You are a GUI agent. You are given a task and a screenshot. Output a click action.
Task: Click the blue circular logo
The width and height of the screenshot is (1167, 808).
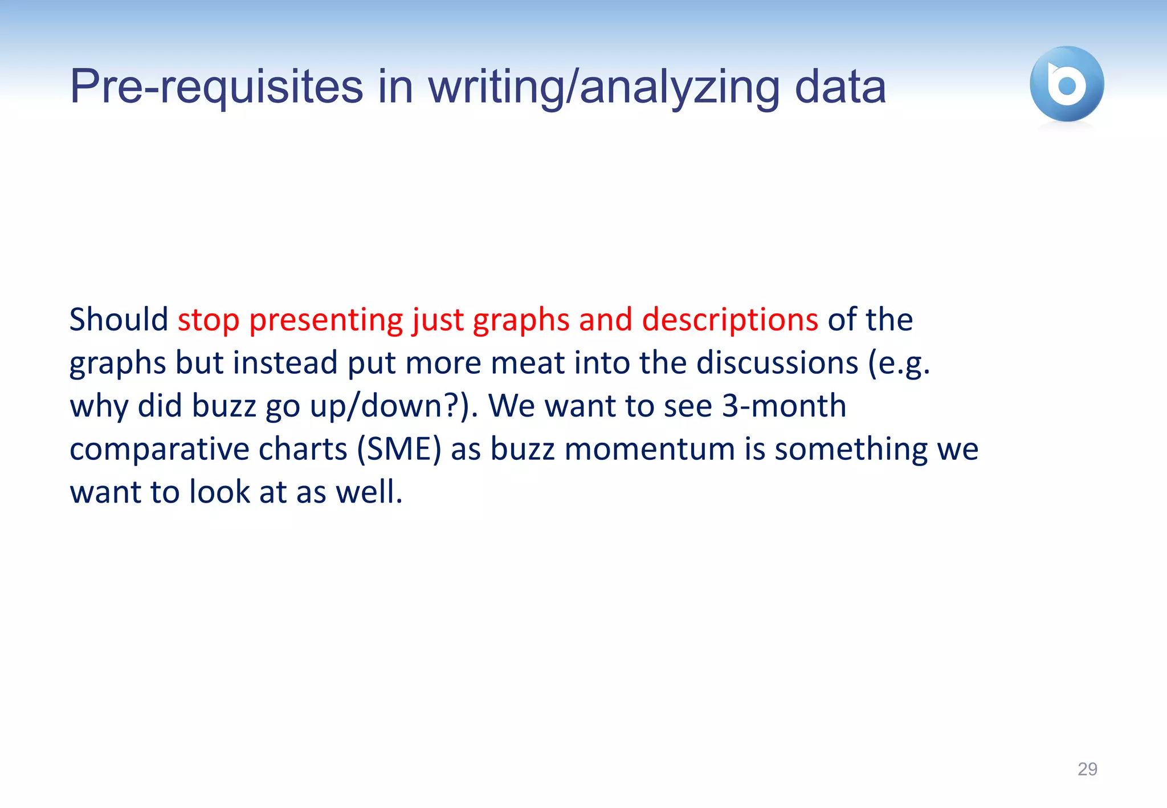pyautogui.click(x=1067, y=84)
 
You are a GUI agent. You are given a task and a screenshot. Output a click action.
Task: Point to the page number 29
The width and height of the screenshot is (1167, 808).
pyautogui.click(x=1087, y=769)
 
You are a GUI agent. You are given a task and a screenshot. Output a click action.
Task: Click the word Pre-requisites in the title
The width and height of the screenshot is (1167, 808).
pyautogui.click(x=217, y=87)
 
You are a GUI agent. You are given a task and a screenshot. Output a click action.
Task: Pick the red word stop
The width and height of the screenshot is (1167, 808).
pyautogui.click(x=209, y=320)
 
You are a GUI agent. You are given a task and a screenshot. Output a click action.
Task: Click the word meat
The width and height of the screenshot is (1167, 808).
pyautogui.click(x=531, y=363)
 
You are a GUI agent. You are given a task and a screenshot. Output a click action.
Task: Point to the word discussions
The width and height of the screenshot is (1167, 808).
pyautogui.click(x=777, y=363)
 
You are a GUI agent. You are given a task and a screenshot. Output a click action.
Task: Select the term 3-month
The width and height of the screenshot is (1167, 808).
pyautogui.click(x=784, y=406)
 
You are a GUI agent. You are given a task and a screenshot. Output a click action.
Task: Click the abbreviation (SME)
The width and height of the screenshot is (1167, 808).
pyautogui.click(x=399, y=449)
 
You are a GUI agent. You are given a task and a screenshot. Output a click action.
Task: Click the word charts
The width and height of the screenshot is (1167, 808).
pyautogui.click(x=303, y=449)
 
